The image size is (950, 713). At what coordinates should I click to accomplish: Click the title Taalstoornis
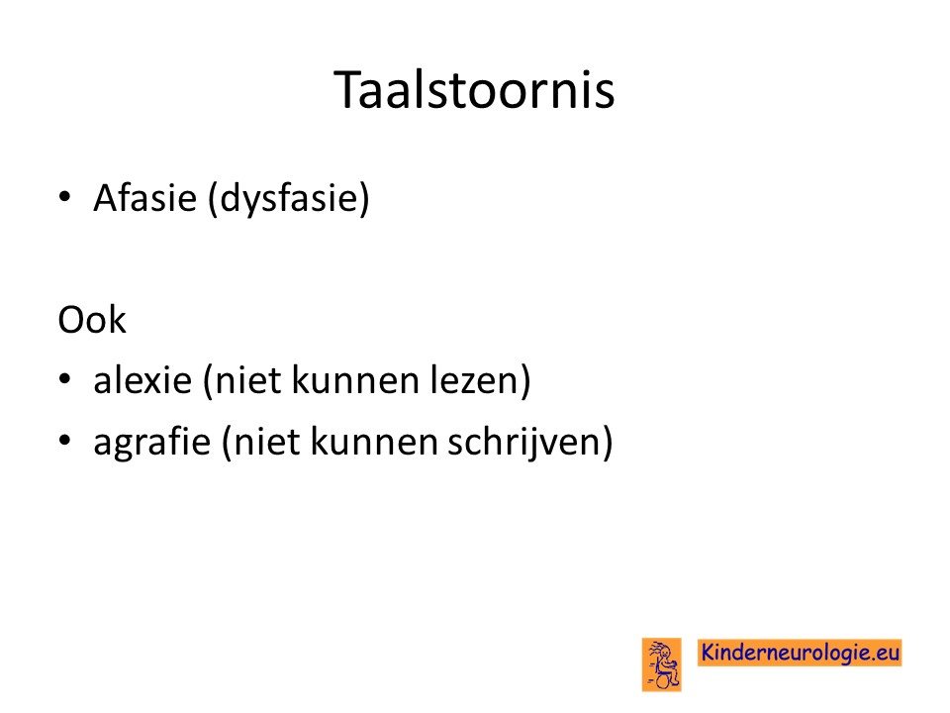click(x=474, y=90)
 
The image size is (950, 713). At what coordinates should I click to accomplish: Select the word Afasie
click(x=145, y=197)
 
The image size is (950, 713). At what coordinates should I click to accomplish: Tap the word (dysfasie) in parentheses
click(x=288, y=199)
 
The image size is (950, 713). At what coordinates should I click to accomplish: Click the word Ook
click(x=92, y=320)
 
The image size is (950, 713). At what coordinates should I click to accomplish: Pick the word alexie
click(x=142, y=380)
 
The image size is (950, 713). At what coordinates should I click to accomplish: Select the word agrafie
click(x=152, y=443)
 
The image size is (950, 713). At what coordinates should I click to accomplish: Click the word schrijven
click(x=523, y=443)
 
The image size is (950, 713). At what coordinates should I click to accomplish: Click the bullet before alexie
click(x=65, y=379)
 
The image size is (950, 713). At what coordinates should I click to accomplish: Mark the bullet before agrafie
click(x=65, y=440)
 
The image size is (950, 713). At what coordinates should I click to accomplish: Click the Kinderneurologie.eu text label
click(x=800, y=653)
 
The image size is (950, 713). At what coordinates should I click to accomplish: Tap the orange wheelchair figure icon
click(x=662, y=664)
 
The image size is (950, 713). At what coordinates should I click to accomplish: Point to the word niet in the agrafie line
click(x=266, y=442)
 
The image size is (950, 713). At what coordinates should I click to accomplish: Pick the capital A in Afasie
click(x=107, y=198)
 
